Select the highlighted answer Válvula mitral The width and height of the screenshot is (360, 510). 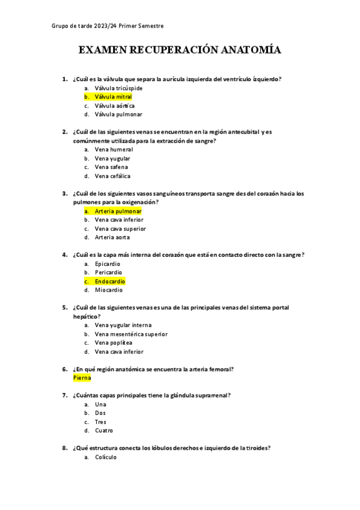pyautogui.click(x=113, y=96)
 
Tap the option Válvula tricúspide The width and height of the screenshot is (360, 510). pyautogui.click(x=118, y=88)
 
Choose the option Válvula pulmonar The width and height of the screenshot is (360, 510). pyautogui.click(x=118, y=114)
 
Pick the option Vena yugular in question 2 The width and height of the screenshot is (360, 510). pyautogui.click(x=112, y=158)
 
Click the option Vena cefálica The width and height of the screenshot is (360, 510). pyautogui.click(x=112, y=176)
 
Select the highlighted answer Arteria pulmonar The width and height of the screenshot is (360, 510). pyautogui.click(x=118, y=211)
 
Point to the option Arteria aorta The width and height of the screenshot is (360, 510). pyautogui.click(x=112, y=238)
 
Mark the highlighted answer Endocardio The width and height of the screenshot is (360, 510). pyautogui.click(x=110, y=281)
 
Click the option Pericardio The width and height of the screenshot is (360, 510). pyautogui.click(x=109, y=272)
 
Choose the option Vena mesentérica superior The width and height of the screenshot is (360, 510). pyautogui.click(x=131, y=334)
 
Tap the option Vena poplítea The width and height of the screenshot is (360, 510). pyautogui.click(x=113, y=343)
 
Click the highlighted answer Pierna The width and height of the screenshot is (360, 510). pyautogui.click(x=82, y=378)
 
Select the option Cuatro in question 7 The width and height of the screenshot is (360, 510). pyautogui.click(x=104, y=431)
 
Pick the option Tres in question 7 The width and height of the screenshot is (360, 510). pyautogui.click(x=100, y=422)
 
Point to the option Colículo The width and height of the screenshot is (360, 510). pyautogui.click(x=106, y=457)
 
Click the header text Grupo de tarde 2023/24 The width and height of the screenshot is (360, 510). pyautogui.click(x=80, y=26)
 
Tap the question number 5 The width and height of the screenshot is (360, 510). pyautogui.click(x=64, y=307)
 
